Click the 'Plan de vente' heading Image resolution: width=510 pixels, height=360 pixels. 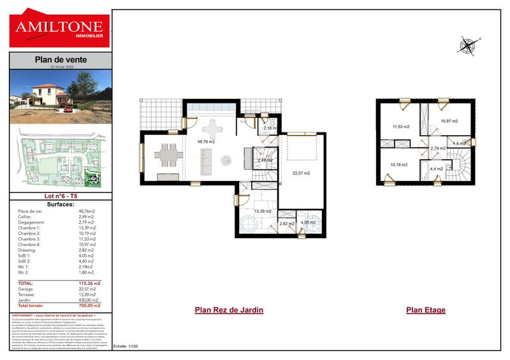click(x=61, y=60)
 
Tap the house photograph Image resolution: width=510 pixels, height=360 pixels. click(x=61, y=97)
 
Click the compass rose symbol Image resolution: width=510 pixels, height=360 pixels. click(x=467, y=45)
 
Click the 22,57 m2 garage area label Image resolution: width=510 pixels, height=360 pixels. click(x=300, y=173)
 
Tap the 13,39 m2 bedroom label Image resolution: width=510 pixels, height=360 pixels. click(x=263, y=211)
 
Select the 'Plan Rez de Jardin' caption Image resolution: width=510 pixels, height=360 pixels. click(x=229, y=310)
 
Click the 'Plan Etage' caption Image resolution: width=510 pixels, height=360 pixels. click(x=426, y=310)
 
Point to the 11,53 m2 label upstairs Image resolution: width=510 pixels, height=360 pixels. click(x=400, y=126)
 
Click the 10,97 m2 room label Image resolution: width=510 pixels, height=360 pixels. click(x=449, y=121)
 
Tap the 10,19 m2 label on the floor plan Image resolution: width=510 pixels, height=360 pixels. click(x=399, y=165)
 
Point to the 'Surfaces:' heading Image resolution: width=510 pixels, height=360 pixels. click(x=61, y=205)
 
